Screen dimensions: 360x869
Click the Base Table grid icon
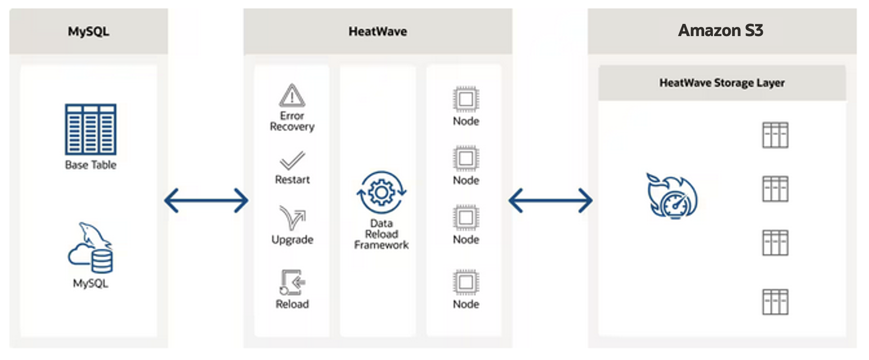(90, 129)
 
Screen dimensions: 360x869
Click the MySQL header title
(88, 31)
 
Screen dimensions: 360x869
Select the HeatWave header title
(378, 31)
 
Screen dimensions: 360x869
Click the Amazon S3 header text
(721, 30)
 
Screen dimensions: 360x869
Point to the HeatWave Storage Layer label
(722, 83)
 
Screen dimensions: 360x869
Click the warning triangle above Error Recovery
(292, 96)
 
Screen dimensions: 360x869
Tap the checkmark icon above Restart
(292, 161)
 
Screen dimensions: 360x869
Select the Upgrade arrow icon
(292, 217)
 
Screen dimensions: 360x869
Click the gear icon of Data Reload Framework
(381, 192)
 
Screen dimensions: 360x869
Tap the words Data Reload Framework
(381, 234)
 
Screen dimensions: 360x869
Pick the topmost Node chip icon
(466, 99)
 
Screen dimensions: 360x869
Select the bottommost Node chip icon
(466, 283)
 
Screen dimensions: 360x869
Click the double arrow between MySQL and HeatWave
(206, 200)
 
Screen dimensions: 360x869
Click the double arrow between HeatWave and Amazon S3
(550, 200)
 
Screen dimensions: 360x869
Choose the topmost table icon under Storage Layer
(775, 135)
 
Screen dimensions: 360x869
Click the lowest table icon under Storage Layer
(775, 302)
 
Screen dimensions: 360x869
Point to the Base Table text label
(90, 165)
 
